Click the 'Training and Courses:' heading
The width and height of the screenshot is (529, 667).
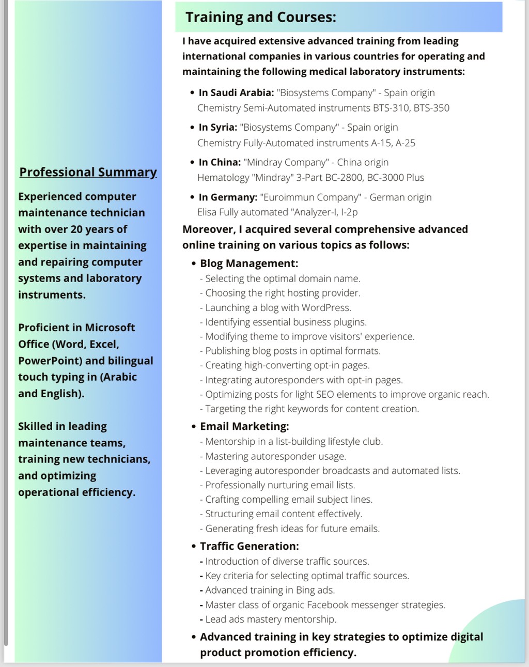(x=261, y=18)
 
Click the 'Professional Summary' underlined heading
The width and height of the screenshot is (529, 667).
(x=88, y=172)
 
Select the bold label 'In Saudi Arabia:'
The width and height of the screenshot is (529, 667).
(x=236, y=93)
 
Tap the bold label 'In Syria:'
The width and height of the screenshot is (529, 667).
(x=217, y=128)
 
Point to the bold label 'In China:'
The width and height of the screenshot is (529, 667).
(x=220, y=162)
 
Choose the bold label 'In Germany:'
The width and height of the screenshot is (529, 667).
(x=228, y=197)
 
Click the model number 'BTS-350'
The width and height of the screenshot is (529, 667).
(x=431, y=108)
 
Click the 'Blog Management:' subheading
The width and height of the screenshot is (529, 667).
(x=249, y=263)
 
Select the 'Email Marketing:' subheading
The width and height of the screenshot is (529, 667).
(x=244, y=426)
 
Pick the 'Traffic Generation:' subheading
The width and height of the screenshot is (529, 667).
(x=250, y=546)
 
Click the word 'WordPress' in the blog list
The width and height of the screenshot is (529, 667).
(x=326, y=308)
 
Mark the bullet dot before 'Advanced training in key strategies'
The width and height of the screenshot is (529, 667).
(x=194, y=638)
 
